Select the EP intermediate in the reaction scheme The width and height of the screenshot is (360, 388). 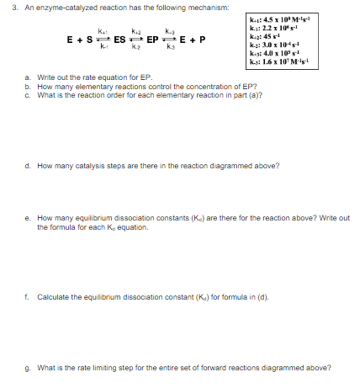153,40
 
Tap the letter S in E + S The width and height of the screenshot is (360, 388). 88,40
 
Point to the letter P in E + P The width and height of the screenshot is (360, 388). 203,40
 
